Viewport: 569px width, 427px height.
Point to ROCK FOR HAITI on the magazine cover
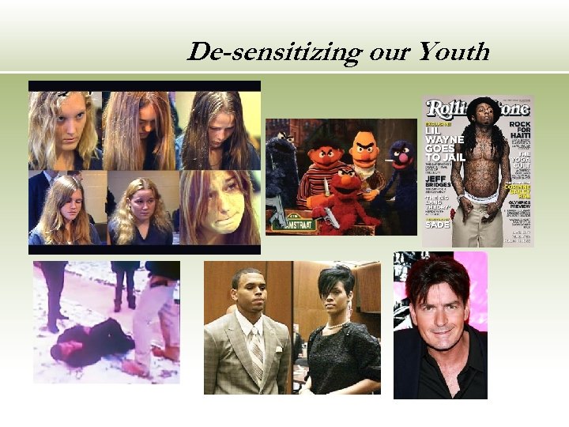[x=518, y=130]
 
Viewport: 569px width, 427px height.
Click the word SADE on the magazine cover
[x=438, y=225]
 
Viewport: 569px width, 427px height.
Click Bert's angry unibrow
[x=364, y=144]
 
